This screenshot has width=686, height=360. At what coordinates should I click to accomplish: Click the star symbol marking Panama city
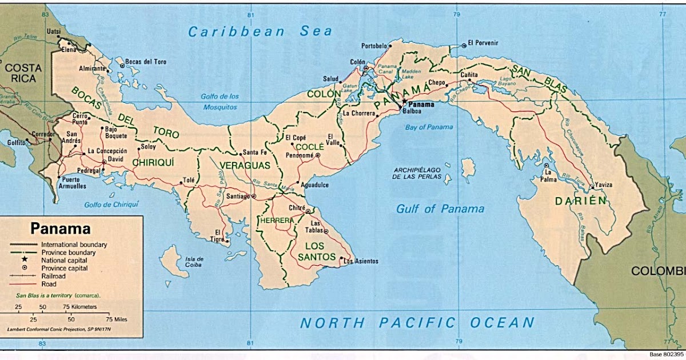point(404,101)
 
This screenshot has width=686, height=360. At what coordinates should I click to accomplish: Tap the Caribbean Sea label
point(260,31)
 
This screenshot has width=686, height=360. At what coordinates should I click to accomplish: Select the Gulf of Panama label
point(440,209)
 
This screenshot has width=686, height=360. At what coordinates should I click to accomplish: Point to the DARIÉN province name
point(580,201)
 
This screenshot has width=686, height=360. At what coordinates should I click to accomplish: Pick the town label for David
point(115,159)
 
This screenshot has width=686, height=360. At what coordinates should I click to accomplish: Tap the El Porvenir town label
point(483,43)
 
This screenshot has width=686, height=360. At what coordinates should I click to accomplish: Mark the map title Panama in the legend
point(61,229)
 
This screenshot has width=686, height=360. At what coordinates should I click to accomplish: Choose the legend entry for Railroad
point(53,275)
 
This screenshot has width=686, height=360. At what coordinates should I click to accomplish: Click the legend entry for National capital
point(63,259)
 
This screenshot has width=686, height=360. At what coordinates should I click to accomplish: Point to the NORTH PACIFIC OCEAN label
point(417,323)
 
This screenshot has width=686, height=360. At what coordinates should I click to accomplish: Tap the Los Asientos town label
point(361,261)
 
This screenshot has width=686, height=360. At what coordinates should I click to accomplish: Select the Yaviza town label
point(603,185)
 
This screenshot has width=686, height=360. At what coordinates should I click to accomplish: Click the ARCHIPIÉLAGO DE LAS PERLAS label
point(417,174)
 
